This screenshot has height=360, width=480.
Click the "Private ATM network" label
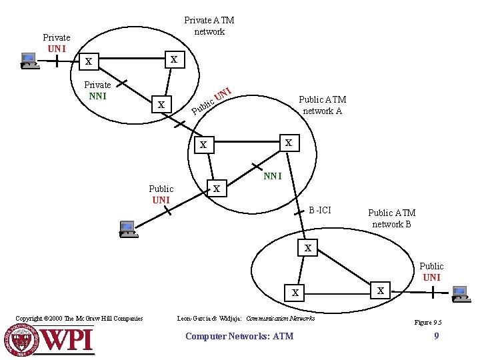[209, 26]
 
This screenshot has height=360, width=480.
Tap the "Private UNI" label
[57, 43]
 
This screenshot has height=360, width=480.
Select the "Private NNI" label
[97, 90]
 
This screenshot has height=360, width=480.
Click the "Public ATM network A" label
[323, 105]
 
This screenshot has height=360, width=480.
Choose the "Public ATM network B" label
[391, 219]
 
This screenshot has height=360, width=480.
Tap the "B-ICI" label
[319, 210]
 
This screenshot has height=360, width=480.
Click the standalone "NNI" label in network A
[273, 177]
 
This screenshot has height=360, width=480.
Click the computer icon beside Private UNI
[29, 61]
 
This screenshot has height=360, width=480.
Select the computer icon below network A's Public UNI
[127, 229]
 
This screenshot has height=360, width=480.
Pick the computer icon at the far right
[459, 293]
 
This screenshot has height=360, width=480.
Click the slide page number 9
[436, 336]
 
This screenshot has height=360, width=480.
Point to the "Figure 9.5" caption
[428, 323]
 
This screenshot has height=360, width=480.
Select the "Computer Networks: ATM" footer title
[239, 336]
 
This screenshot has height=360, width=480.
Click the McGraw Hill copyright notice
[79, 319]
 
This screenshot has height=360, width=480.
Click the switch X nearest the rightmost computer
[381, 291]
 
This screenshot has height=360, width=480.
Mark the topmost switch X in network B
[307, 249]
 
